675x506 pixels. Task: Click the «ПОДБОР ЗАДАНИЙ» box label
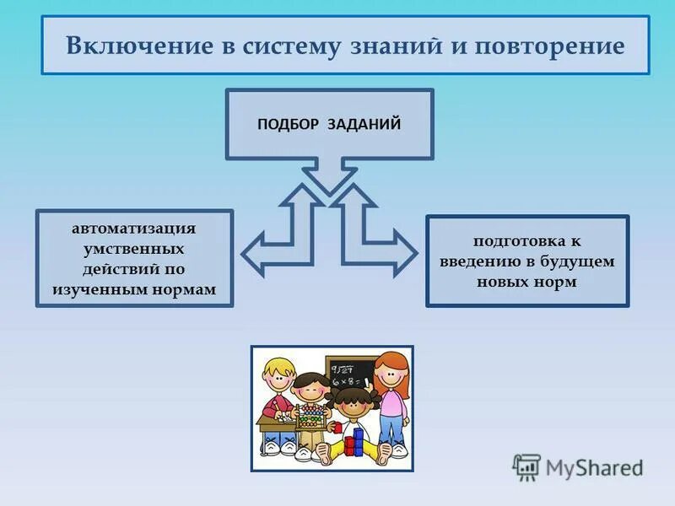pyautogui.click(x=329, y=124)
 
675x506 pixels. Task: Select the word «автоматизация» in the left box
pyautogui.click(x=134, y=229)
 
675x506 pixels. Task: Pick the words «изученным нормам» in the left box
pyautogui.click(x=134, y=289)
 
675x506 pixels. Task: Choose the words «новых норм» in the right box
pyautogui.click(x=527, y=282)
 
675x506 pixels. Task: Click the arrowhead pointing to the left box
pyautogui.click(x=253, y=253)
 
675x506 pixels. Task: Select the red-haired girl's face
pyautogui.click(x=391, y=372)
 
